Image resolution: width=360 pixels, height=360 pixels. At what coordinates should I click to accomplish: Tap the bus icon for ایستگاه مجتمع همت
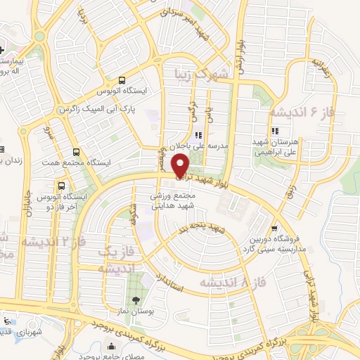(76, 151)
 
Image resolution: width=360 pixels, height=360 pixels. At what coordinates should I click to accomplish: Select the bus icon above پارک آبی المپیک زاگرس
(123, 79)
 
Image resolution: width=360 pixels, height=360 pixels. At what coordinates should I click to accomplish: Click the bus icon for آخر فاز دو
(63, 186)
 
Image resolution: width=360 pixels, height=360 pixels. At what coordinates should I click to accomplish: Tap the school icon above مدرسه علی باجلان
(198, 135)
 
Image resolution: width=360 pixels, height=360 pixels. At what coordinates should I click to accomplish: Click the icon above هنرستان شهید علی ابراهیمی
(275, 131)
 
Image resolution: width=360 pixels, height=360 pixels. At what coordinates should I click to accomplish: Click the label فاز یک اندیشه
(115, 260)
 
